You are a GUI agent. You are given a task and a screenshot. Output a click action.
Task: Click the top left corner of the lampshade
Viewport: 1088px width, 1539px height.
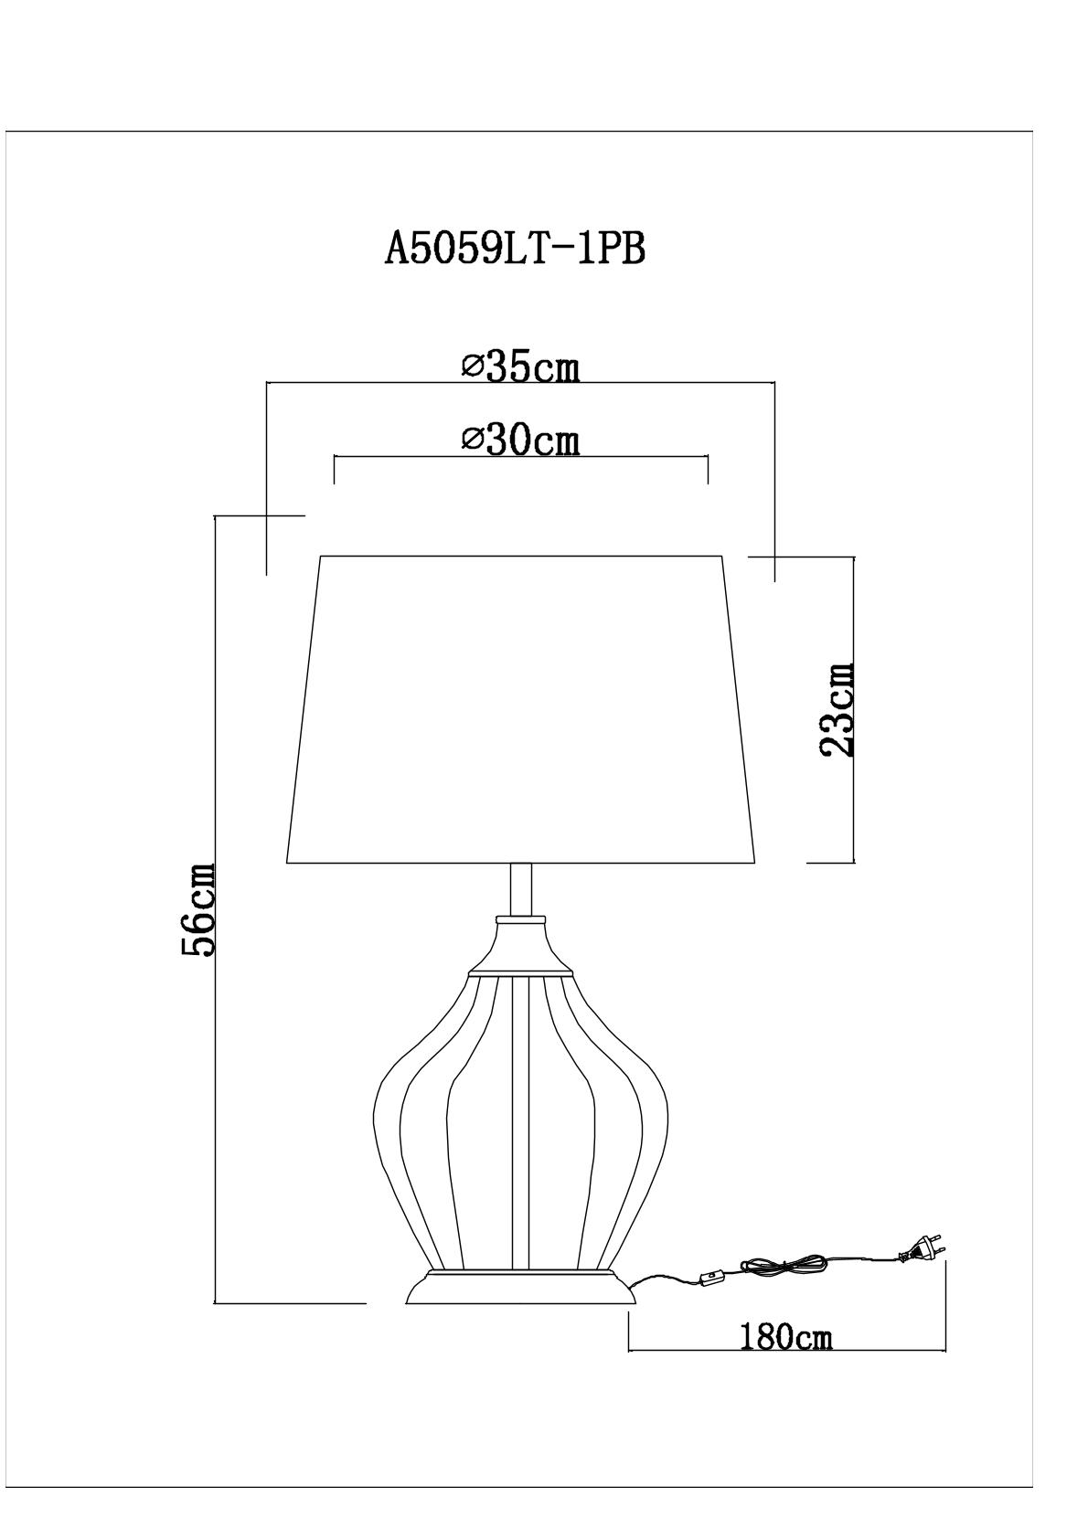pos(321,556)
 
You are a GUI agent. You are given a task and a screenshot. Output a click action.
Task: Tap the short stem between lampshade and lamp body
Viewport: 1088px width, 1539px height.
pos(521,889)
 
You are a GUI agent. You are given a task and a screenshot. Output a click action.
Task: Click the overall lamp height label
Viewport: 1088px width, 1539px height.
pos(198,909)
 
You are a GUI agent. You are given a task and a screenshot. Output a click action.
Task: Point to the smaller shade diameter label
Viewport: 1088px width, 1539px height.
pos(521,441)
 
